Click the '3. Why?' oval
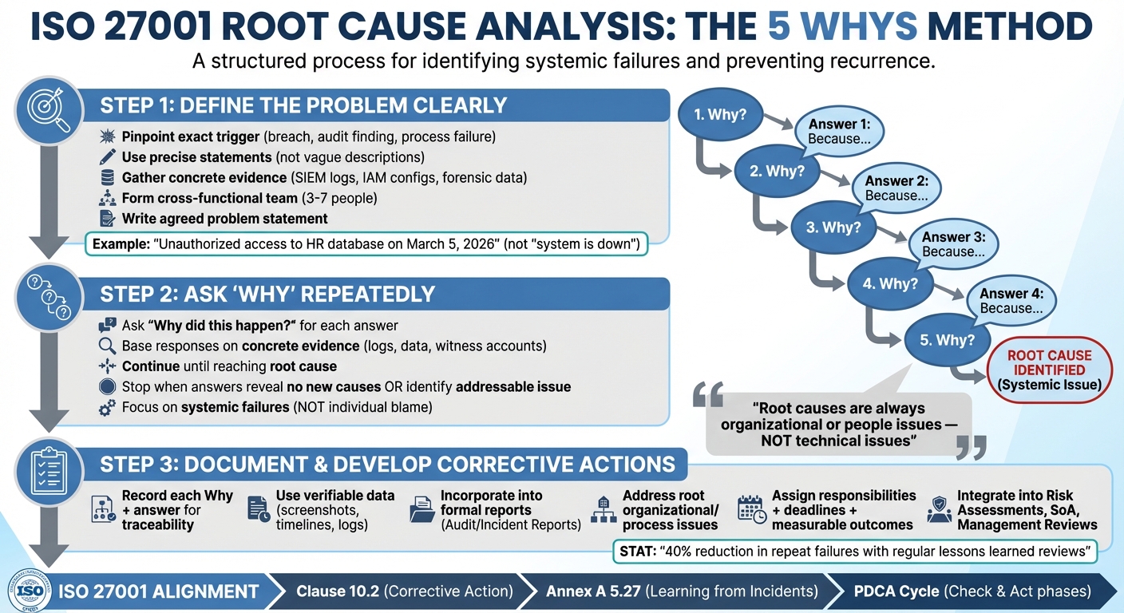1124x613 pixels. click(x=833, y=227)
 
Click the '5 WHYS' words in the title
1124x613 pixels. click(x=843, y=28)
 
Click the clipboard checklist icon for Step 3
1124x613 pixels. click(x=49, y=471)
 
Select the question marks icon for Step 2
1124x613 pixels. click(x=49, y=295)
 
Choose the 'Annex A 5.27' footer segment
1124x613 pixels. click(x=682, y=591)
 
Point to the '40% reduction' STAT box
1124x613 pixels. click(x=854, y=551)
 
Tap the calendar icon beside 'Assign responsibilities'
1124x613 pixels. click(x=751, y=509)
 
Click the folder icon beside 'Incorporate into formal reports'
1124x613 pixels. click(x=421, y=509)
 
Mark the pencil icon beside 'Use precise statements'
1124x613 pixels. click(x=106, y=157)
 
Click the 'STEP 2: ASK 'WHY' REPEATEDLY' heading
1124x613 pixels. click(x=267, y=294)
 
